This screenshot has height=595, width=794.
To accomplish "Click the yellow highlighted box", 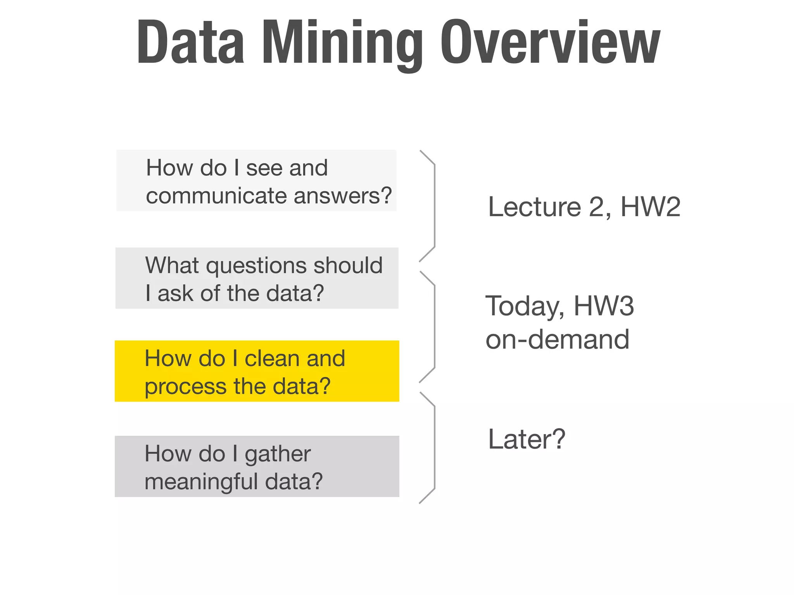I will (257, 371).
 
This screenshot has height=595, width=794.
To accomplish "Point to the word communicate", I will (217, 196).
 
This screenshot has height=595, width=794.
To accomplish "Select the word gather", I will (278, 454).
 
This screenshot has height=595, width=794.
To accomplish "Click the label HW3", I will (604, 306).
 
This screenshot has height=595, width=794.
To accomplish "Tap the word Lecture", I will (534, 207).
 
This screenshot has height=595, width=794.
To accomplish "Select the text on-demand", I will (557, 339).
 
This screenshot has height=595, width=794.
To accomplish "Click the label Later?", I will (526, 439).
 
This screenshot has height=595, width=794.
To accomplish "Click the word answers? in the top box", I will (343, 196).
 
